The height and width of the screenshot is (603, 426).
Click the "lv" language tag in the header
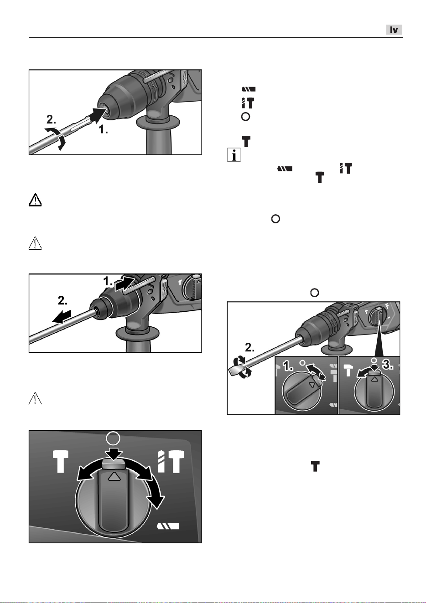394,30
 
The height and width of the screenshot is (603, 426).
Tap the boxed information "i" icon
234,155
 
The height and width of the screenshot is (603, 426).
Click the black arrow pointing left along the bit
62,317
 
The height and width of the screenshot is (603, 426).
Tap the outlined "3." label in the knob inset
388,365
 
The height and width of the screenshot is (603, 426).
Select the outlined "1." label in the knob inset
288,366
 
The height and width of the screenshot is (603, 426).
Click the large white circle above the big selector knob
113,438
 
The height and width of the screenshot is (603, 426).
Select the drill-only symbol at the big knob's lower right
167,526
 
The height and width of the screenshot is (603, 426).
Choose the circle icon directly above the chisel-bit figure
315,293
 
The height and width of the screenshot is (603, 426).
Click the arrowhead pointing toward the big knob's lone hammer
82,475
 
